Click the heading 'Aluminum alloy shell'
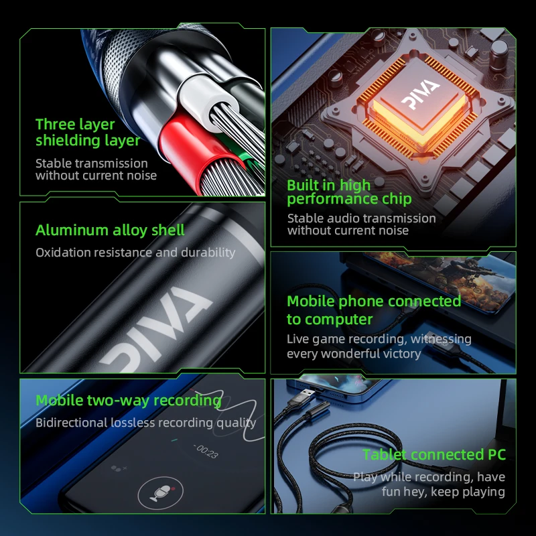pyautogui.click(x=110, y=230)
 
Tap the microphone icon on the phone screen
pyautogui.click(x=161, y=493)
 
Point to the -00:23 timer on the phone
pyautogui.click(x=206, y=451)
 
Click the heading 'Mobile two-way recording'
pyautogui.click(x=129, y=400)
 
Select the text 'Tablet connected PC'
pyautogui.click(x=433, y=455)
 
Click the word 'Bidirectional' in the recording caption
pyautogui.click(x=72, y=423)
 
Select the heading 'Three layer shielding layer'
pyautogui.click(x=88, y=132)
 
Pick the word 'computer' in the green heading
pyautogui.click(x=338, y=320)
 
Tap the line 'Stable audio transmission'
pyautogui.click(x=361, y=218)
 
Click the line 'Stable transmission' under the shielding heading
pyautogui.click(x=92, y=163)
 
